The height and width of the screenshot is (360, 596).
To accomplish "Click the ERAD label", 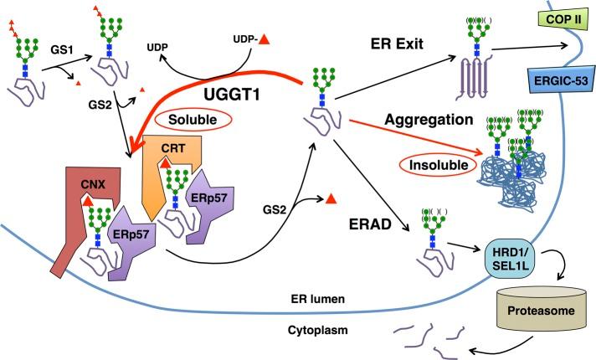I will coord(364,202).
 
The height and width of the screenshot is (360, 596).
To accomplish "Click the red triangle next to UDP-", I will coord(264,40).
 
